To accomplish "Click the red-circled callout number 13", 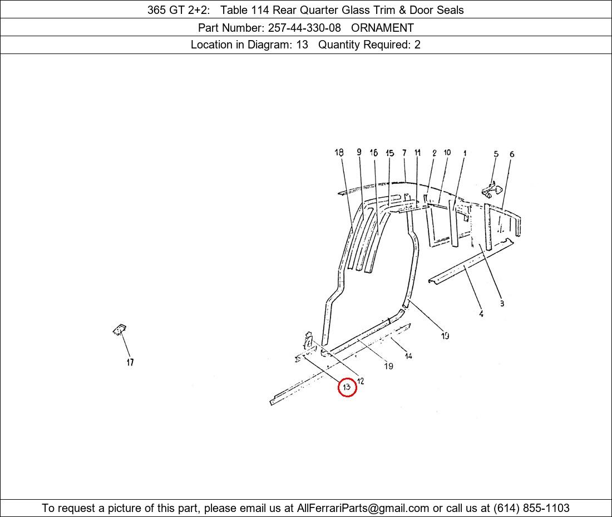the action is [x=347, y=387].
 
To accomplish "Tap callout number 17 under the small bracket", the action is [x=130, y=362].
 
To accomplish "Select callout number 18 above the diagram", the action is [x=339, y=153].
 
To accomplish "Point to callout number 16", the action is [x=373, y=153].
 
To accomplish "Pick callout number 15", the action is [x=389, y=153].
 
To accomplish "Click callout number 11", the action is [x=418, y=153].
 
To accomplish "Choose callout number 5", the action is [x=496, y=154].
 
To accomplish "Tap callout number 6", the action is [x=512, y=154].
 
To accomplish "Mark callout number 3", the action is [x=502, y=303].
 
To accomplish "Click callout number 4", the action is [x=481, y=314].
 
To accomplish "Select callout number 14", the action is [x=408, y=355].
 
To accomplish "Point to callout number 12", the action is [x=361, y=381].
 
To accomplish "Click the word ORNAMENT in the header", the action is [x=383, y=28].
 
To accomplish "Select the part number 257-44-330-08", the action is [x=304, y=28].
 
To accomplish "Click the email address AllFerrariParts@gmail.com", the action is [x=363, y=508].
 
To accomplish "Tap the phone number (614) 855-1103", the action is [x=531, y=508].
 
